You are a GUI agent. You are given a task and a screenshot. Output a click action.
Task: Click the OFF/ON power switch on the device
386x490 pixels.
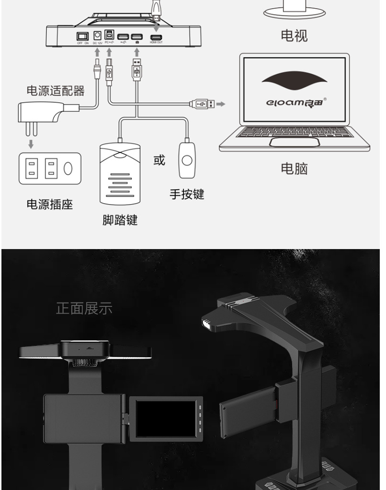[x=84, y=36]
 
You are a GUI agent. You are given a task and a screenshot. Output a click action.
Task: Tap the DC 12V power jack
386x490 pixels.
[x=98, y=36]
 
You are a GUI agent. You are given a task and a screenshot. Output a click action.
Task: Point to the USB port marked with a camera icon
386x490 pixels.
[x=137, y=37]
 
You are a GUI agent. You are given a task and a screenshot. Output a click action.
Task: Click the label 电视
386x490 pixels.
[x=294, y=35]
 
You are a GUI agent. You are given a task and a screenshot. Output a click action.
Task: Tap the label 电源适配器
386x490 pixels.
[x=55, y=90]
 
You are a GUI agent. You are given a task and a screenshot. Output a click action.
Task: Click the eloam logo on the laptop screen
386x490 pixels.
[x=294, y=101]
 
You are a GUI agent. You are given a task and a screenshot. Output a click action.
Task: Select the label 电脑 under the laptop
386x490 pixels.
[x=294, y=168]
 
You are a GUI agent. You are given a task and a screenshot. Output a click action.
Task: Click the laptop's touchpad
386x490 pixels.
[x=294, y=142]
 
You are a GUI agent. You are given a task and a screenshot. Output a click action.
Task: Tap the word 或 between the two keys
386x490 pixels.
[x=159, y=160]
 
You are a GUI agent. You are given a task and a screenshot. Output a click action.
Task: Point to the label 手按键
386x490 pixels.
[x=187, y=194]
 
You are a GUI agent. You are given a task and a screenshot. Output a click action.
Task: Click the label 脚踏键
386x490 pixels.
[x=120, y=220]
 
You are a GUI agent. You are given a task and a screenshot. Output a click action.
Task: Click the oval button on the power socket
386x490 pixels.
[x=68, y=169]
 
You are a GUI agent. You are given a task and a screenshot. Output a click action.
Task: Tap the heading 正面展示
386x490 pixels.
[x=84, y=308]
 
